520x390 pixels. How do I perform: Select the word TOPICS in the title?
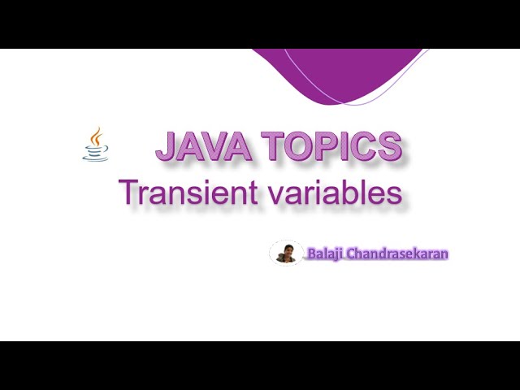333,147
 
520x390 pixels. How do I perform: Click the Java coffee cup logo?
95,145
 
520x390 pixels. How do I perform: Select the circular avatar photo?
286,253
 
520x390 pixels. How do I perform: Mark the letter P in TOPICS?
330,147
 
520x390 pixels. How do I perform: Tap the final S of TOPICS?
389,147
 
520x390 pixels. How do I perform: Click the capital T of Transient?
129,193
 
